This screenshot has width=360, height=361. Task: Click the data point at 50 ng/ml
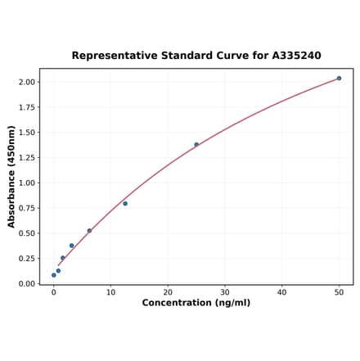[x=339, y=79]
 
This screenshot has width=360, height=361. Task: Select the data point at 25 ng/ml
[x=196, y=145]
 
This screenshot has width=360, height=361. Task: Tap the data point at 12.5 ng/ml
[x=125, y=203]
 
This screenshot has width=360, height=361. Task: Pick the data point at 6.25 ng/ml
[x=89, y=231]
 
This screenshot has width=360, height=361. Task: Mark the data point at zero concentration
[x=54, y=275]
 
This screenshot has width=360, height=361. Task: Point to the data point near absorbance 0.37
[x=72, y=246]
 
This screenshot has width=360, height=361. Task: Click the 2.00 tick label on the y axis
[x=25, y=82]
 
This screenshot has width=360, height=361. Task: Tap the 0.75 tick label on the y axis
[x=25, y=208]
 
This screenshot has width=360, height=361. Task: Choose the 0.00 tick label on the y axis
[x=25, y=283]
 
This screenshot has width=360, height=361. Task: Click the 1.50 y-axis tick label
[x=25, y=133]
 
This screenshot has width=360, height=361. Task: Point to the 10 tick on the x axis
[x=110, y=291]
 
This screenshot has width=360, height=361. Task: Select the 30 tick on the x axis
[x=225, y=291]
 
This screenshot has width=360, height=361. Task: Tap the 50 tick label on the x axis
[x=339, y=291]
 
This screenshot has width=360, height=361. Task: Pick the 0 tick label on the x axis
[x=54, y=291]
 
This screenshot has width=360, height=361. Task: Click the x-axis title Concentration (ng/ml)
[x=196, y=303]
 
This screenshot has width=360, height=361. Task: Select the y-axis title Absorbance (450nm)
[x=11, y=177]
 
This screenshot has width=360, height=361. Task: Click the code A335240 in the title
[x=290, y=56]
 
